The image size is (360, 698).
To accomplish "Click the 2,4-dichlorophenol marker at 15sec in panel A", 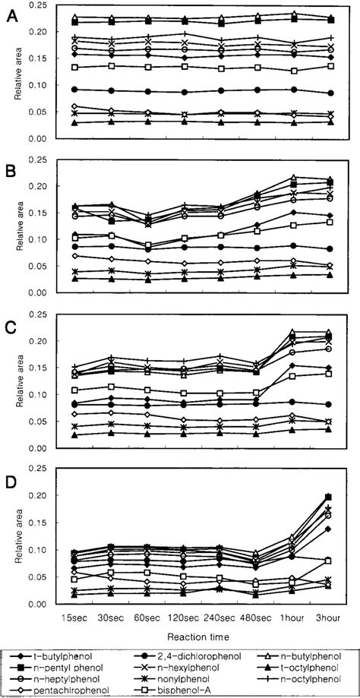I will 74,90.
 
